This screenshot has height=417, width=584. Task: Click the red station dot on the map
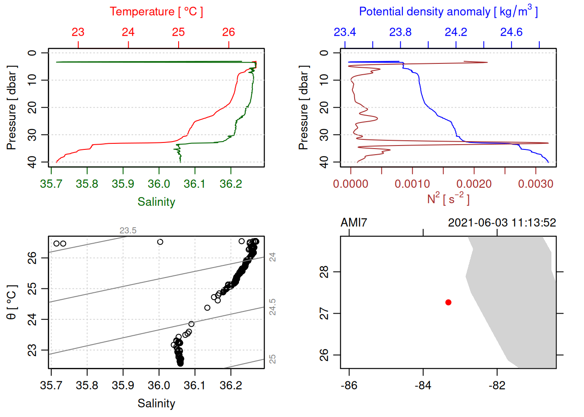[448, 302]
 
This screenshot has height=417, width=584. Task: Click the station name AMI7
[354, 223]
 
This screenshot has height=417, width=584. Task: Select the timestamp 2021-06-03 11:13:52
[502, 223]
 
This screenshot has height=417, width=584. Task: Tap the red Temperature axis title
[156, 12]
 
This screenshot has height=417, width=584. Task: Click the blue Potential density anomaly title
[448, 11]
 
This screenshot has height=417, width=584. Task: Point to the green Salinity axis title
[156, 202]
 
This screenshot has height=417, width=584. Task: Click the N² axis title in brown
[448, 199]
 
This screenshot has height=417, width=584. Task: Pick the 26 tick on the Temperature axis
[229, 32]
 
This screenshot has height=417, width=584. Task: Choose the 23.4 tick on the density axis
[345, 32]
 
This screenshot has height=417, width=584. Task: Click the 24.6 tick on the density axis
[511, 32]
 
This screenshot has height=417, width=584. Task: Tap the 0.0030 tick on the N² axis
[535, 184]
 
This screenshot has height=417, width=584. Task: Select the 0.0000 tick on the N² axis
[350, 184]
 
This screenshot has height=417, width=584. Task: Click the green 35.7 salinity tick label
[51, 184]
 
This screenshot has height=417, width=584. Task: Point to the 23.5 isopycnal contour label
[128, 230]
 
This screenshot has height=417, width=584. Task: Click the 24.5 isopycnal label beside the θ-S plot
[272, 307]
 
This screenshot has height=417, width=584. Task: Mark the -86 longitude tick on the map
[349, 385]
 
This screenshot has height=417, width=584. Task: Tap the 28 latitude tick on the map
[324, 272]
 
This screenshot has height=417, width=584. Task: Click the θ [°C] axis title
[11, 302]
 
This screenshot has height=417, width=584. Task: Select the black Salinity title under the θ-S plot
[156, 404]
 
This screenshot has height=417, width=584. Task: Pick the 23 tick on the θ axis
[32, 350]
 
